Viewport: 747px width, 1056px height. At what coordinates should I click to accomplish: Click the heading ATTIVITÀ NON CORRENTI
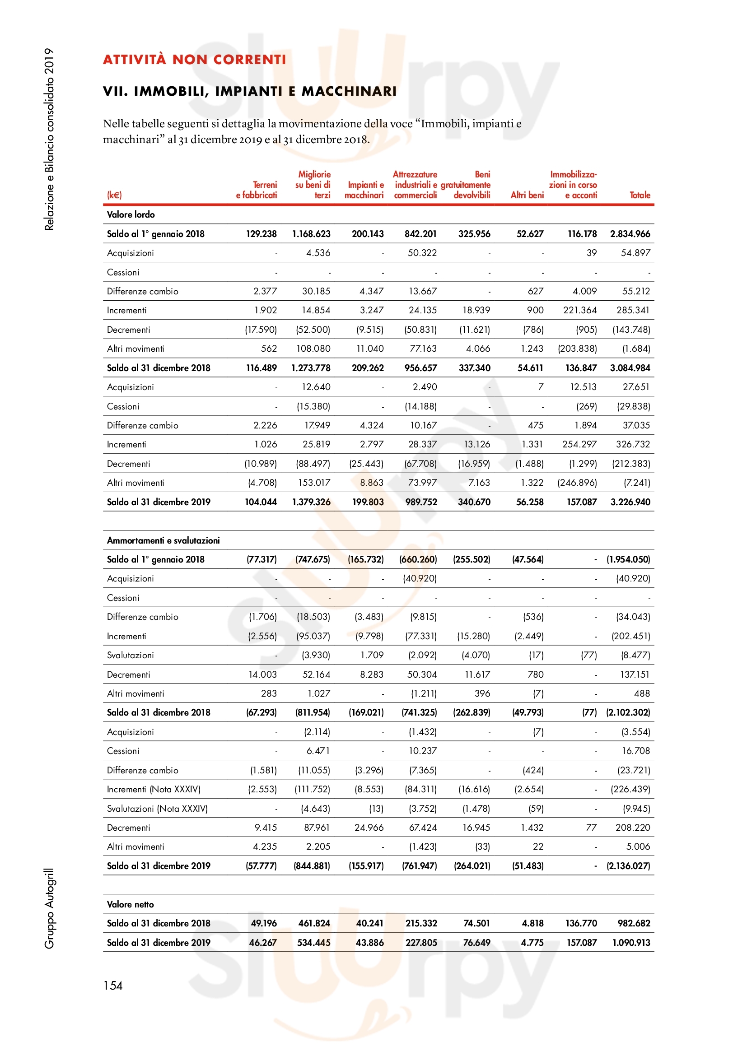point(194,60)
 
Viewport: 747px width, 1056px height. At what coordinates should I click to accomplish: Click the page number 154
point(113,986)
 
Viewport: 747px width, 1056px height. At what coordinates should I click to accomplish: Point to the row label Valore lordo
point(131,214)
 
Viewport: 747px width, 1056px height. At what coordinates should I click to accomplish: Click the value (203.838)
point(577,349)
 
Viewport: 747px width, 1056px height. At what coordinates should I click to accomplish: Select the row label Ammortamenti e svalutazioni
point(163,540)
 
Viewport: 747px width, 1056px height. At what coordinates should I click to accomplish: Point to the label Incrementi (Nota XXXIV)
point(154,789)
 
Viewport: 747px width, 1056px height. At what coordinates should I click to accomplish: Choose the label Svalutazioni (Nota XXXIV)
point(157,809)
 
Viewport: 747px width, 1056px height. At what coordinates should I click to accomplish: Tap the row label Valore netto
point(130,904)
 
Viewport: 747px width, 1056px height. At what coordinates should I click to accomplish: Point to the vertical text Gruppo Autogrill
point(49,908)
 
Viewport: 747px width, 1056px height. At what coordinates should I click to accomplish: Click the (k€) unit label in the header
point(114,195)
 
